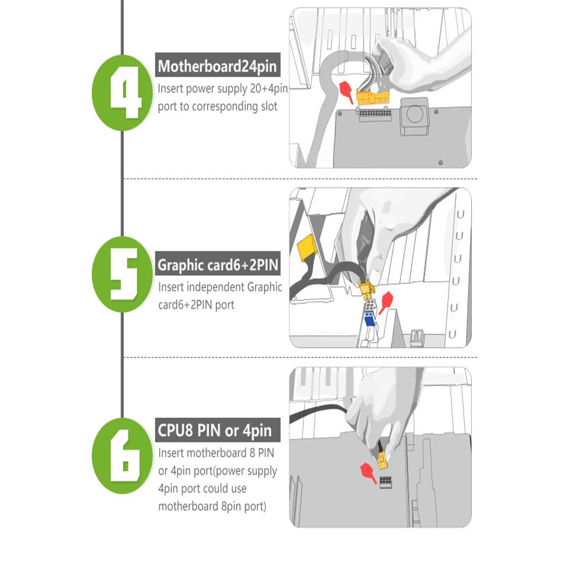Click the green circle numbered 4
click(x=122, y=93)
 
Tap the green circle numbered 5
click(x=122, y=274)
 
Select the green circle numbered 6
click(x=122, y=456)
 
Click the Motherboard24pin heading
click(x=217, y=65)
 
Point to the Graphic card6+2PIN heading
click(x=217, y=264)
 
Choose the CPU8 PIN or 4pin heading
click(x=217, y=430)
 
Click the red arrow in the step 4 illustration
click(x=346, y=92)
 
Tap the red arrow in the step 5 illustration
click(x=386, y=302)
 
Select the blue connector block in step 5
click(x=369, y=320)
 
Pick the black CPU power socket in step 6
click(x=386, y=482)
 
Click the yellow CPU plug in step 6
click(x=382, y=461)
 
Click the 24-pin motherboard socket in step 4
click(x=375, y=114)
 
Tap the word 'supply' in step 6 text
click(x=262, y=471)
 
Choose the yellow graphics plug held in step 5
click(x=366, y=289)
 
